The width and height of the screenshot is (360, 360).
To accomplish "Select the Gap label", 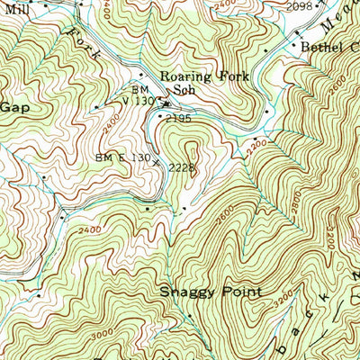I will pos(13,105).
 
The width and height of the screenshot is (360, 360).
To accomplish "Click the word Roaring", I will pos(184,76).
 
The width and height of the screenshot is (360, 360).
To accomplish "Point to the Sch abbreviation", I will pos(184,90).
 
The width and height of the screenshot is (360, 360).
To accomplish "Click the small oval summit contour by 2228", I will pos(170,142).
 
